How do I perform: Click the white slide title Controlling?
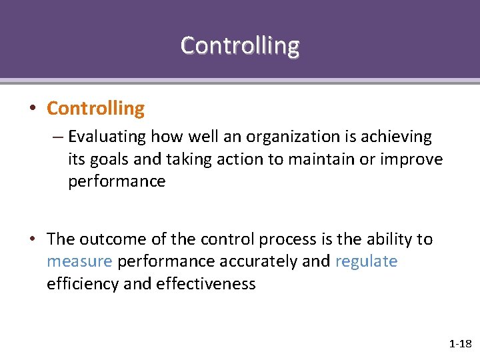pos(240,45)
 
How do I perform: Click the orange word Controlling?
pos(95,108)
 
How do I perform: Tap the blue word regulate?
pos(366,261)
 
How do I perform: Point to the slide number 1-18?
pos(460,344)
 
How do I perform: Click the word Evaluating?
pos(107,137)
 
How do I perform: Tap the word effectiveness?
pos(206,283)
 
